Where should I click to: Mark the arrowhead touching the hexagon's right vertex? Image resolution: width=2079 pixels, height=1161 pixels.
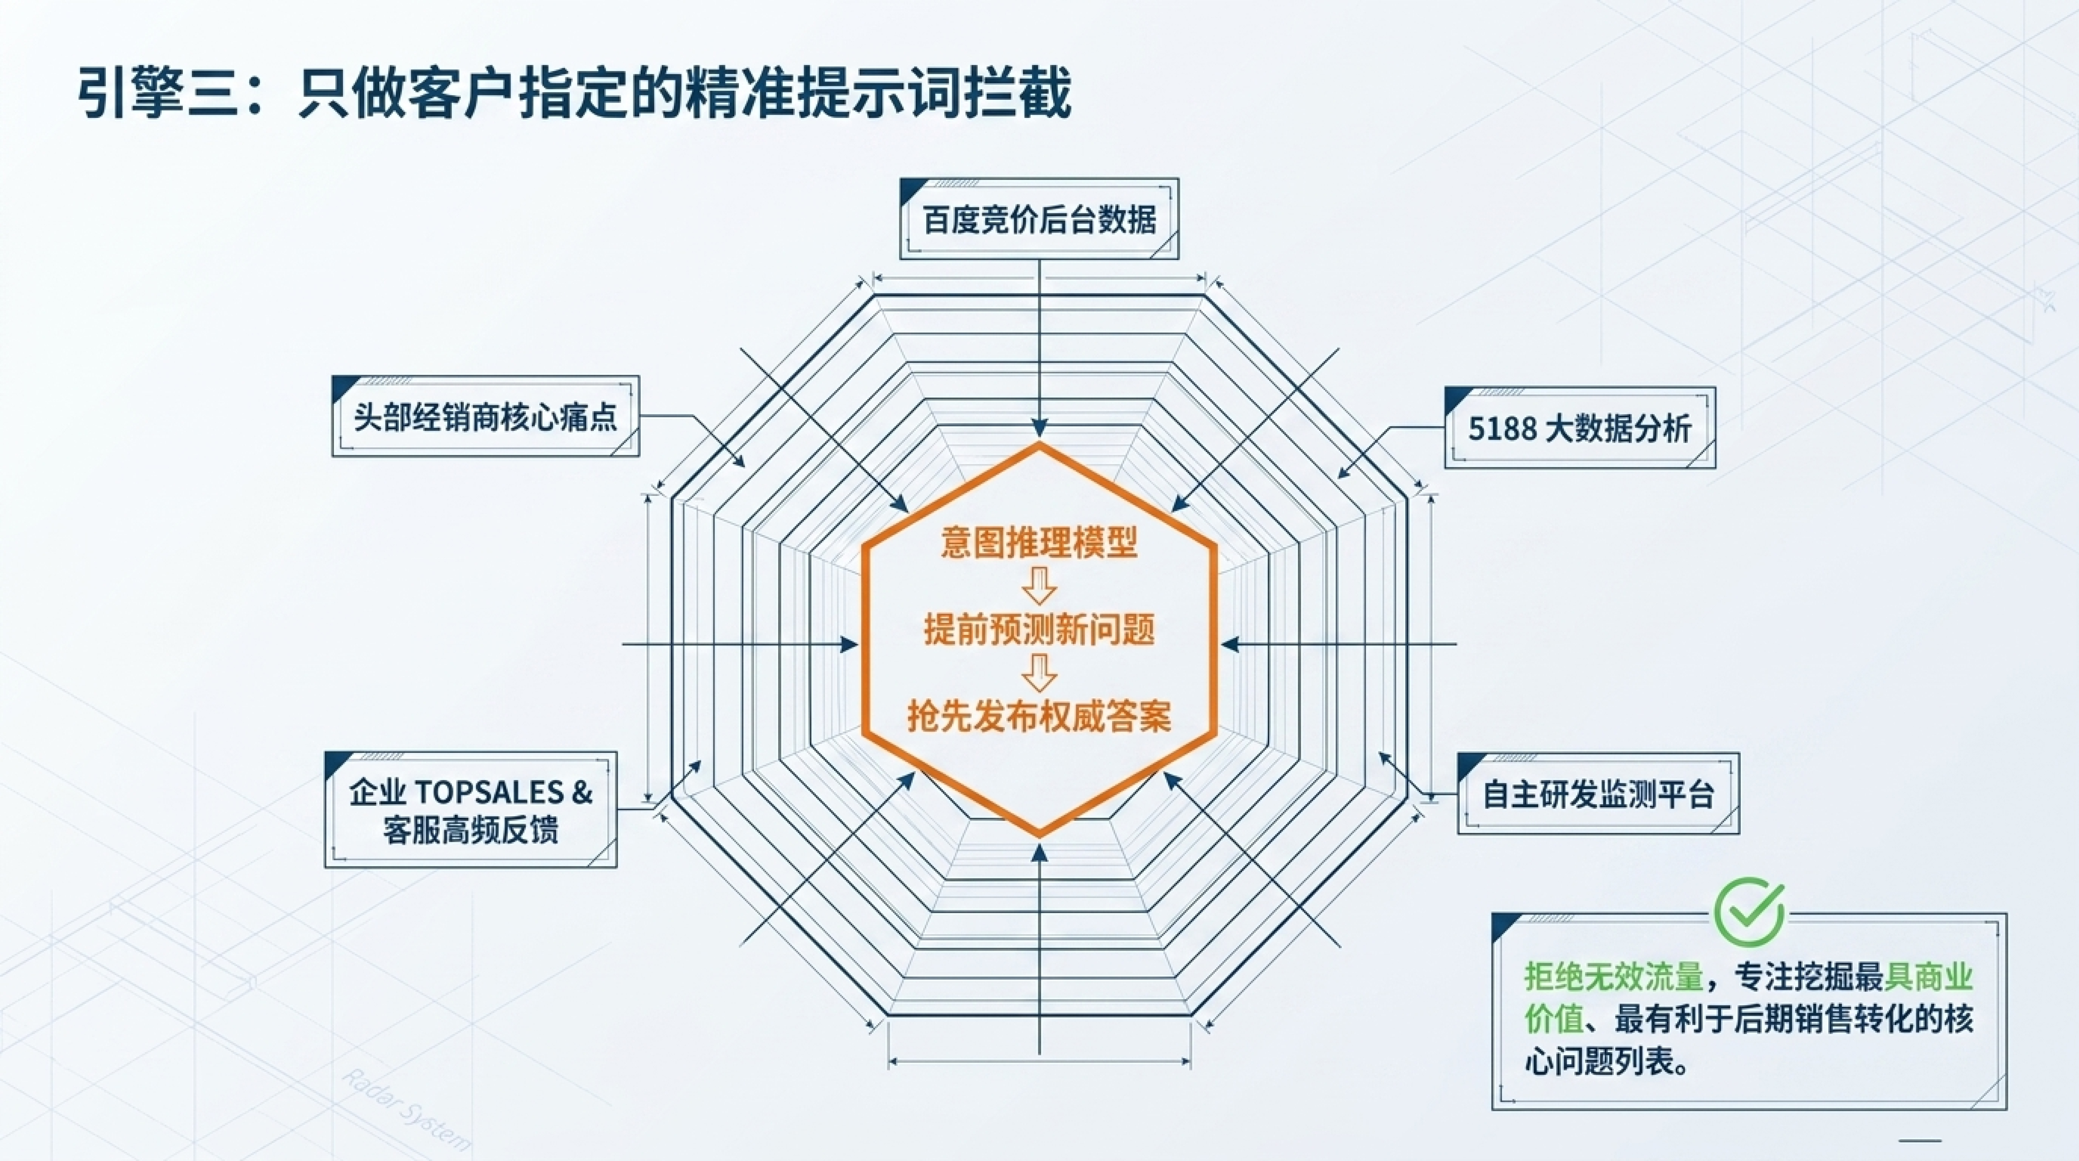point(1230,644)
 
